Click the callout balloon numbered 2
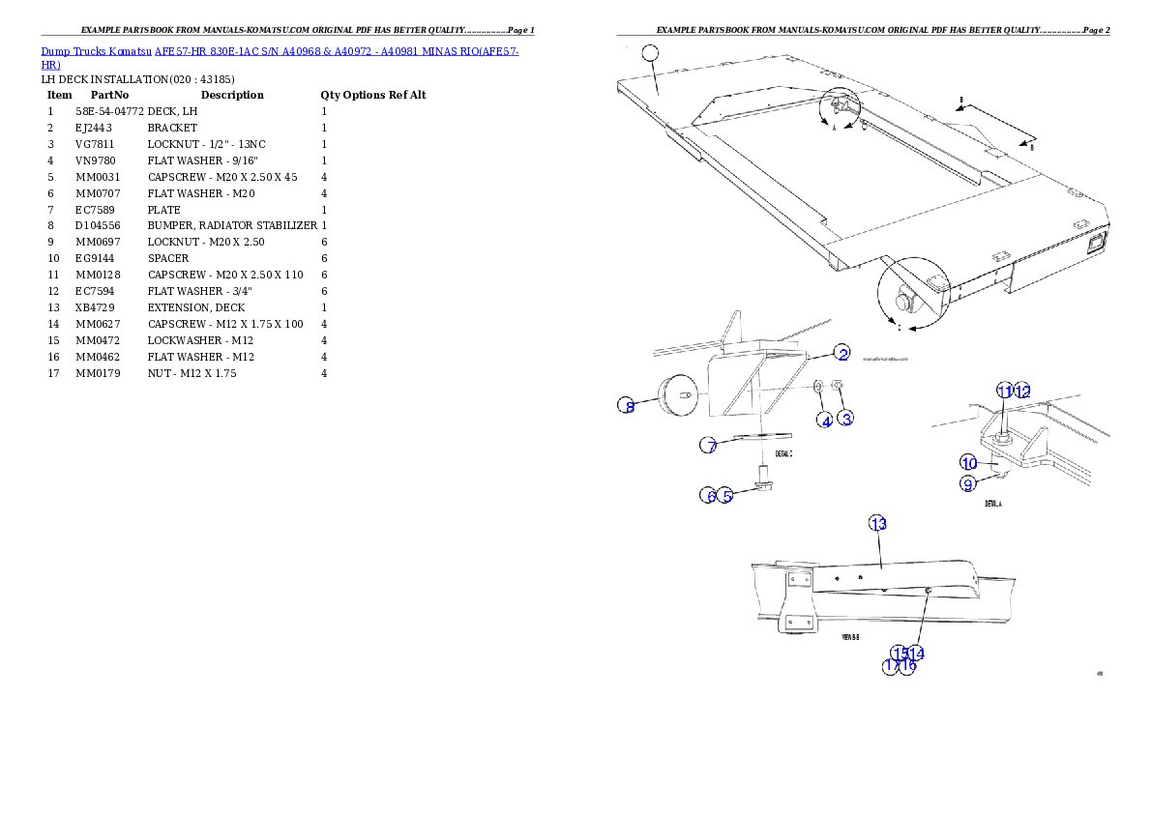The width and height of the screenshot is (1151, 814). coord(843,354)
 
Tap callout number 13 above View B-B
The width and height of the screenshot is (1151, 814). coord(877,524)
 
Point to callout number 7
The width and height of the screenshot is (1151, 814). coord(709,446)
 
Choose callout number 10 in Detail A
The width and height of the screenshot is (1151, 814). coord(968,464)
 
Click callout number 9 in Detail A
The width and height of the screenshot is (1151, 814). coord(968,484)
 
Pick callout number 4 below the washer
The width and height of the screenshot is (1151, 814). coord(826,421)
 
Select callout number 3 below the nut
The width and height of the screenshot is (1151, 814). coord(846,419)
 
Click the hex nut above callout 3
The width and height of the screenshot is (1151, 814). coord(839,388)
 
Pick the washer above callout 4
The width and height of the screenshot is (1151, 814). coord(819,388)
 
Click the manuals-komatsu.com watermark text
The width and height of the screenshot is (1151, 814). coord(885,358)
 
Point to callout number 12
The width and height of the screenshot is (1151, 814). coord(1022,391)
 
